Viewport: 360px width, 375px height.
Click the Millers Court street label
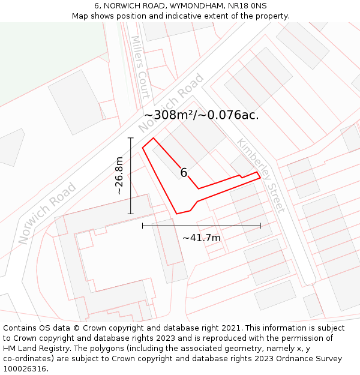pyautogui.click(x=140, y=67)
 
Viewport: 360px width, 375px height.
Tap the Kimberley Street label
pyautogui.click(x=260, y=175)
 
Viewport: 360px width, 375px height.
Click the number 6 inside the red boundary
pyautogui.click(x=184, y=173)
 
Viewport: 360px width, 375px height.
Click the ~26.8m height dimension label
pyautogui.click(x=119, y=176)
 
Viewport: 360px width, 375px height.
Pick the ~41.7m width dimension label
pyautogui.click(x=202, y=238)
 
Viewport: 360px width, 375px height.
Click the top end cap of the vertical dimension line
pyautogui.click(x=131, y=138)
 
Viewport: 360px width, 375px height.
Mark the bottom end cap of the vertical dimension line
pyautogui.click(x=131, y=214)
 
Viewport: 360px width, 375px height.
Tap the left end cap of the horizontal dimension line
pyautogui.click(x=142, y=226)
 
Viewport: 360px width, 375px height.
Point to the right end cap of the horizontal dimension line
pyautogui.click(x=260, y=226)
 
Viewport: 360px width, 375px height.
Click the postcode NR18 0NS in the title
pyautogui.click(x=248, y=5)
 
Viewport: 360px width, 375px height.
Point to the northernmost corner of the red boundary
pyautogui.click(x=154, y=138)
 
